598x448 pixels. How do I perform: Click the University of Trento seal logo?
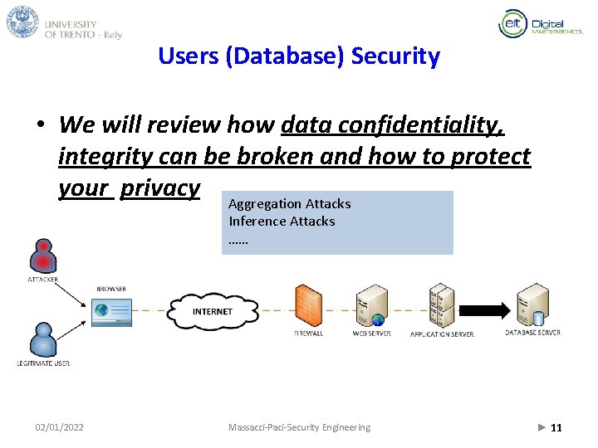[x=22, y=22]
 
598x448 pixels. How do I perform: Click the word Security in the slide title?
[x=395, y=56]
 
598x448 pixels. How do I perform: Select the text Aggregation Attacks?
[x=289, y=203]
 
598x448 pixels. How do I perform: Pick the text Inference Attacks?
[x=282, y=221]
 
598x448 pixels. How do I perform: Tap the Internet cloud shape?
[x=213, y=311]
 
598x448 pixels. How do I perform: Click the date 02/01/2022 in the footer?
[x=59, y=427]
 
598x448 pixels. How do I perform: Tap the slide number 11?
[x=556, y=427]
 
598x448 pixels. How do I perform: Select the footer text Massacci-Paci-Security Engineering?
[x=299, y=427]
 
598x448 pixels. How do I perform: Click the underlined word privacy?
[x=159, y=188]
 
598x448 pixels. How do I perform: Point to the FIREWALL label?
[x=308, y=334]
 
